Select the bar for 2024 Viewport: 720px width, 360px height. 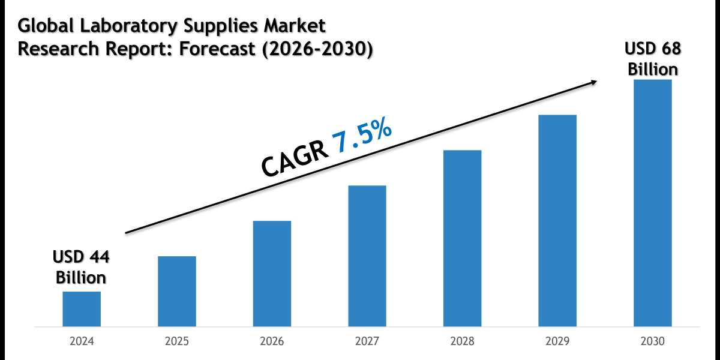[82, 309]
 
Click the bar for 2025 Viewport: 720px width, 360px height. [177, 292]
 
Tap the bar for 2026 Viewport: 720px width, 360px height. [272, 274]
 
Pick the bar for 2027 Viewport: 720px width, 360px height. [367, 256]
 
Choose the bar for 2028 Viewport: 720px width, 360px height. [462, 238]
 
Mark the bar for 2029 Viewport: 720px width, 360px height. [557, 221]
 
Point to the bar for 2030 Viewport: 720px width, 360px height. [653, 203]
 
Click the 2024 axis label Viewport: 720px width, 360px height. [82, 341]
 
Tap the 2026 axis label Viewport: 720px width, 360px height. [272, 341]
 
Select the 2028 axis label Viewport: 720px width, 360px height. [462, 341]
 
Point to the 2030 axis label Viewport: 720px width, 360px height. [653, 341]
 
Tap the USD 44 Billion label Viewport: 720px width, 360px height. [81, 268]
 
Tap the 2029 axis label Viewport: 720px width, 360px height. [557, 341]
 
